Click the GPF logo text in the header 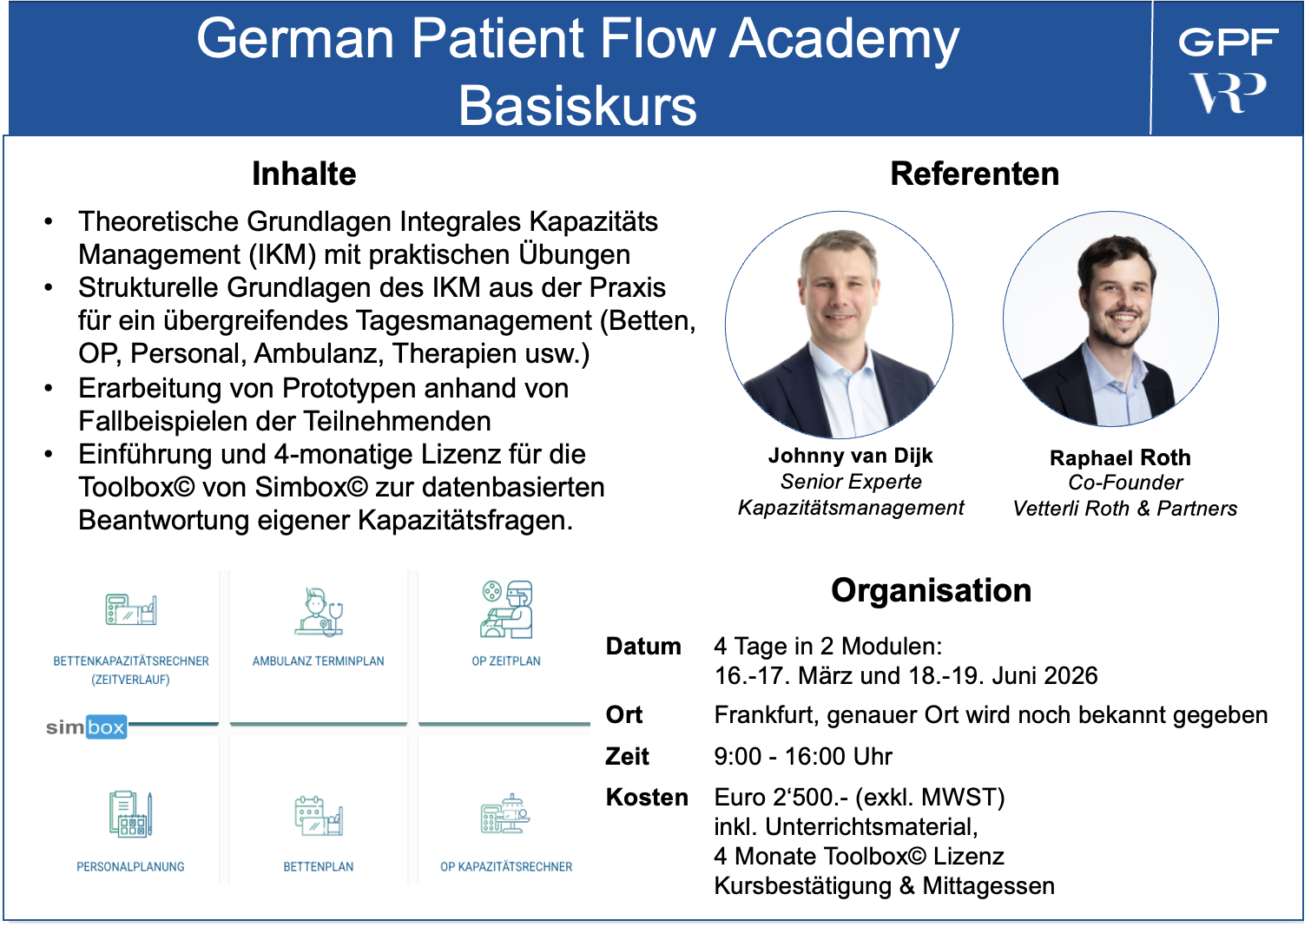(x=1228, y=42)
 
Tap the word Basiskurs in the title (x=577, y=106)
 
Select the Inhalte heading (x=304, y=174)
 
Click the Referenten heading (x=974, y=174)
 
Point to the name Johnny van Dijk (x=850, y=456)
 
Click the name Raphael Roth (x=1120, y=457)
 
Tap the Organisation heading (x=931, y=590)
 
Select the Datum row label (x=643, y=647)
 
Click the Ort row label (x=624, y=715)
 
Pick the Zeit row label (x=627, y=757)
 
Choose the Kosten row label (x=647, y=798)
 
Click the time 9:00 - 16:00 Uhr (x=803, y=757)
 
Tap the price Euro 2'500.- (x=781, y=798)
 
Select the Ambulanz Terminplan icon (x=319, y=612)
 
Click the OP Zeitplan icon (x=506, y=609)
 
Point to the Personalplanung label (x=130, y=867)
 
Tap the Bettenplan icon (x=319, y=816)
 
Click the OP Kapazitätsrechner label (x=506, y=867)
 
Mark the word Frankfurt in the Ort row (x=763, y=715)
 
